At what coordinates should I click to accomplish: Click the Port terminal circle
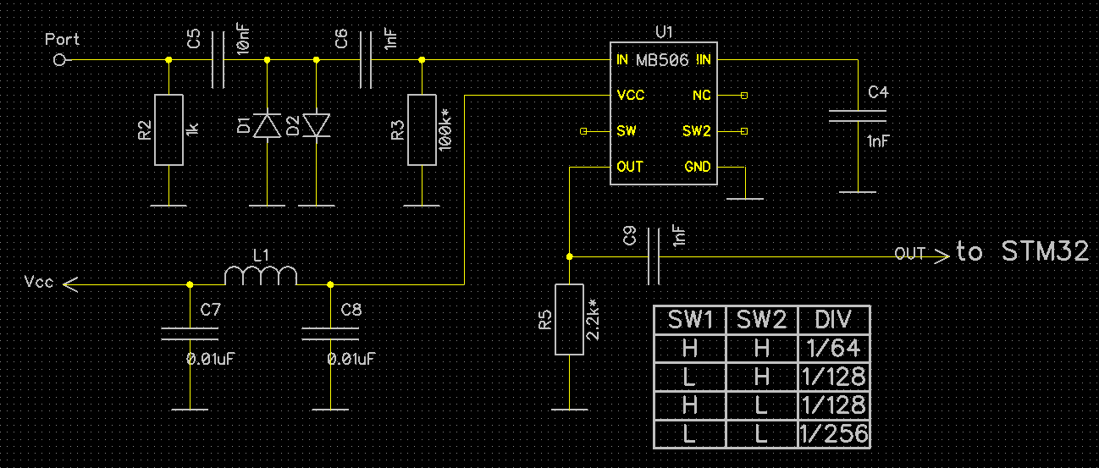(59, 60)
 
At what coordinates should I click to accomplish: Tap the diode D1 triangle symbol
(267, 125)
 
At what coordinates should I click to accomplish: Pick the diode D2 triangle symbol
(317, 125)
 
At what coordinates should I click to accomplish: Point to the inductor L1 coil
(261, 276)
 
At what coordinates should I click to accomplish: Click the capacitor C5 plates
(218, 60)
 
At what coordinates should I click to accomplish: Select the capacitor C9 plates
(654, 256)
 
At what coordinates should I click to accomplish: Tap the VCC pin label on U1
(631, 95)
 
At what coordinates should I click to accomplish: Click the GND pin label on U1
(697, 167)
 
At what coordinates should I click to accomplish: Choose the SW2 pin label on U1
(696, 131)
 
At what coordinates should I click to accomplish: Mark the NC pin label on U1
(702, 95)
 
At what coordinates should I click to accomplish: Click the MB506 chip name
(662, 60)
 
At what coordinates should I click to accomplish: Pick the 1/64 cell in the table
(834, 349)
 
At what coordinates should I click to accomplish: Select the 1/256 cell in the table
(834, 434)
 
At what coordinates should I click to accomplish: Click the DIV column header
(834, 320)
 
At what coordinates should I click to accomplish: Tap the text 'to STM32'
(1022, 251)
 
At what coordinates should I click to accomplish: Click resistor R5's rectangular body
(569, 319)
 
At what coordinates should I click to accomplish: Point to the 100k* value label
(445, 130)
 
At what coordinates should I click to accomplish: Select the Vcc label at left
(39, 282)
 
